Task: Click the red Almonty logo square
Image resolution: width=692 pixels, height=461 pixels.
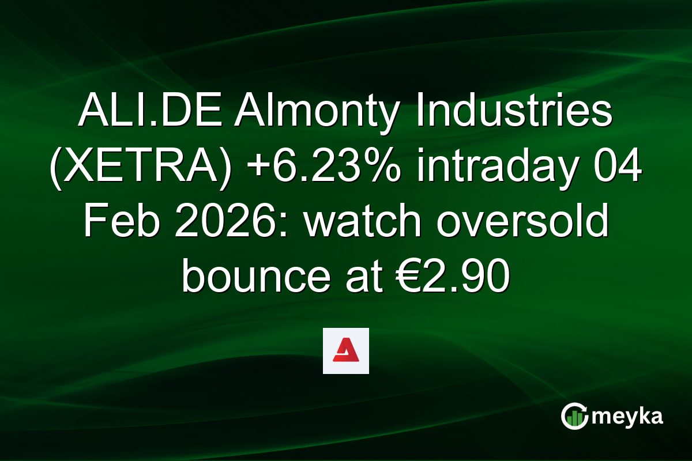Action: click(345, 351)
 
